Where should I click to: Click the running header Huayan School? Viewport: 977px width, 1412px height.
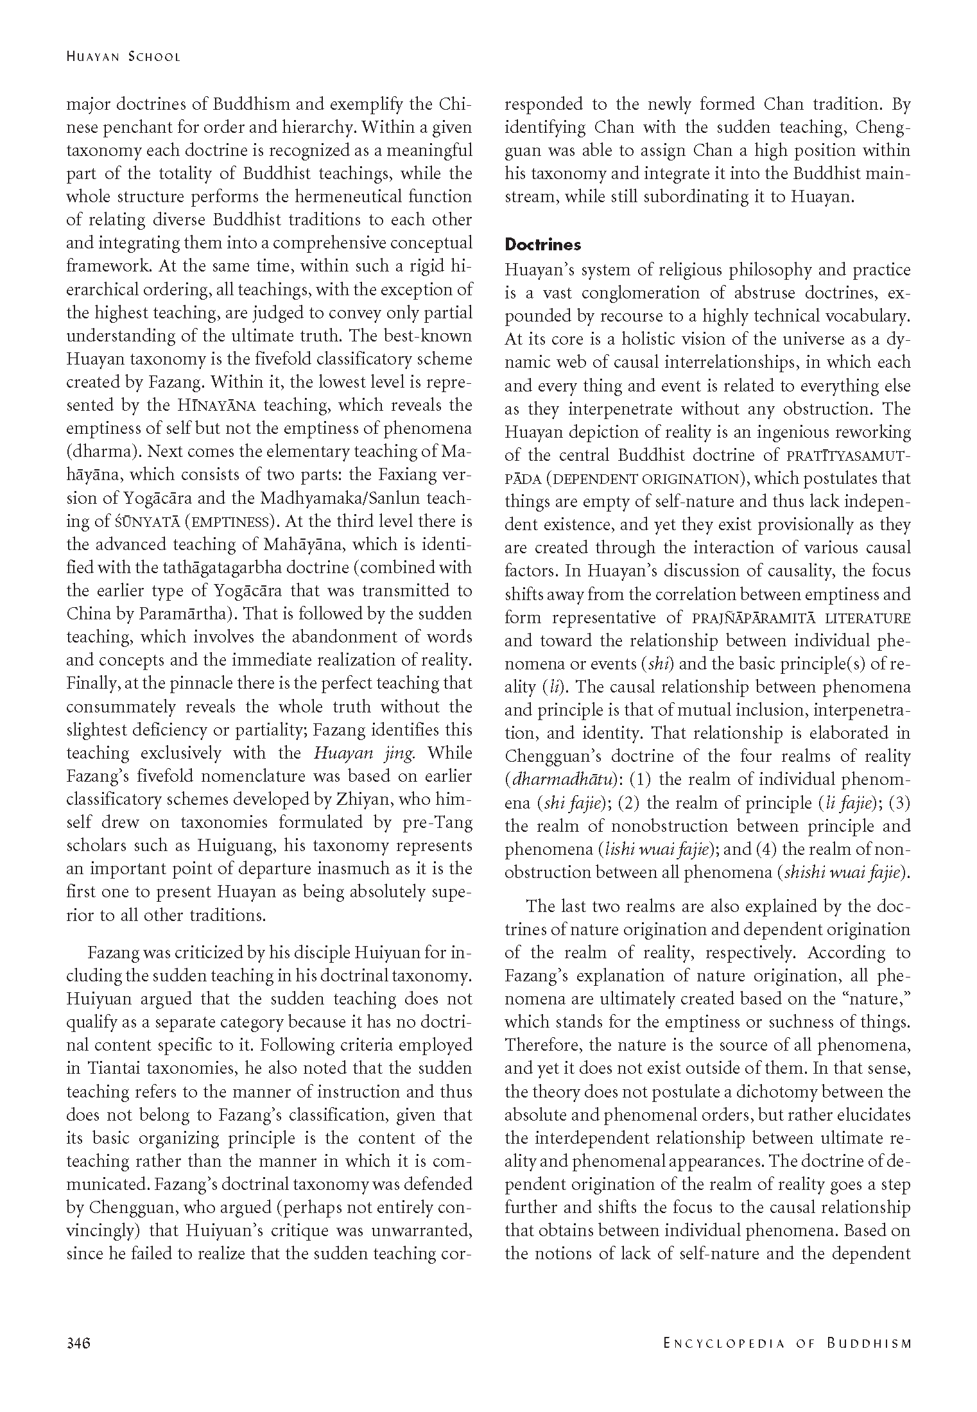(123, 56)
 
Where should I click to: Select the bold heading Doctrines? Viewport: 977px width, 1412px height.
(542, 245)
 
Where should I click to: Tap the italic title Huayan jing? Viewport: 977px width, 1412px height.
(365, 753)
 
